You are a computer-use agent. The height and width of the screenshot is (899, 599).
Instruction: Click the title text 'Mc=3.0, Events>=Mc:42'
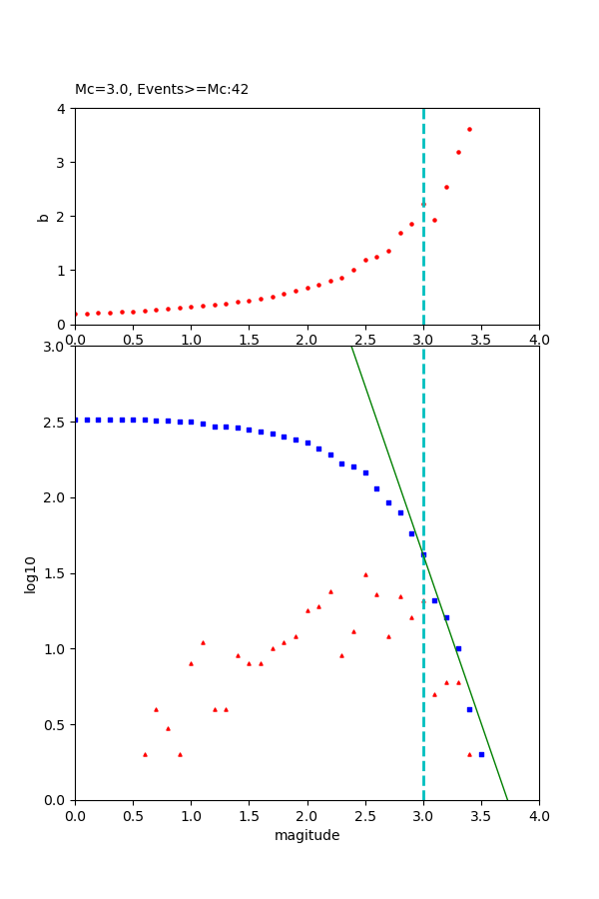tap(162, 90)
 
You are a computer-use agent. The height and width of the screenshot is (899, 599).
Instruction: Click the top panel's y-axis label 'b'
tap(43, 216)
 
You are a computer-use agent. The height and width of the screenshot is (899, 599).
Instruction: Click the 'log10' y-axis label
tap(31, 573)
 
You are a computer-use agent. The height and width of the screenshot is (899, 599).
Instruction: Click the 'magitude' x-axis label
tap(306, 835)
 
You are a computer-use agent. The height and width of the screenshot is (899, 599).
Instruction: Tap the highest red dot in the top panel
tap(469, 129)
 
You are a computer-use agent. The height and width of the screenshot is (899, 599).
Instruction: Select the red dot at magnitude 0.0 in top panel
tap(75, 314)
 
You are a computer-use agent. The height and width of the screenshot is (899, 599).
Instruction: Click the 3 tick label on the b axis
tap(63, 162)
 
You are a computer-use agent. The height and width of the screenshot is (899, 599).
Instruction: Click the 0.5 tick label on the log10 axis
tap(55, 724)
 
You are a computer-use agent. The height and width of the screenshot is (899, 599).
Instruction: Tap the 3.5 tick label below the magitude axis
tap(481, 815)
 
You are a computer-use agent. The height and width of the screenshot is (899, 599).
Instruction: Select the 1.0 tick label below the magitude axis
tap(191, 815)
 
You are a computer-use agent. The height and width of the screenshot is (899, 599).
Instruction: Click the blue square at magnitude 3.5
tap(481, 754)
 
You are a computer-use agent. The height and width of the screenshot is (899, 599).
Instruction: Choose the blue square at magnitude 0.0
tap(76, 420)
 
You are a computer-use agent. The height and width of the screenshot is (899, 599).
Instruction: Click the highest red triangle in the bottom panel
tap(365, 574)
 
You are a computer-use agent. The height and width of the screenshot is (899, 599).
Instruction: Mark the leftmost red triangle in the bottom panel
tap(145, 754)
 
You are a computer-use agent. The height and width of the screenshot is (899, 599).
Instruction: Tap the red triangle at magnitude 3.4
tap(469, 754)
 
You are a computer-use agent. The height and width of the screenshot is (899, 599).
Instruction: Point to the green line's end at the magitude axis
tap(507, 799)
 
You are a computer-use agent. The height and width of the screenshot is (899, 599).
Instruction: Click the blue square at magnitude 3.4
tap(469, 709)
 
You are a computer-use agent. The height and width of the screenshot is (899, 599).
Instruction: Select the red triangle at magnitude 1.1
tap(203, 642)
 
